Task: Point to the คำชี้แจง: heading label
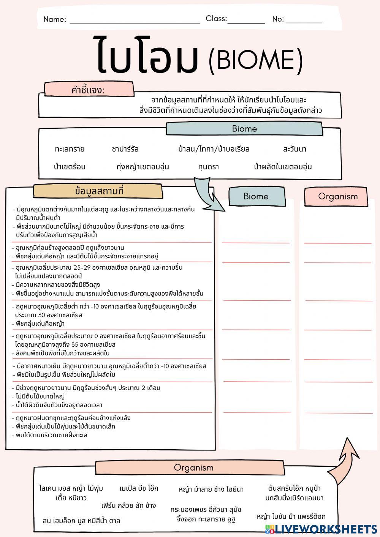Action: pos(88,90)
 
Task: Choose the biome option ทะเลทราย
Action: pos(70,149)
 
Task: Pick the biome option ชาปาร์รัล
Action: pos(125,149)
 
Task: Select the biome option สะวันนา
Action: pos(294,149)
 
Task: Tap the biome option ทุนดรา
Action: pos(208,167)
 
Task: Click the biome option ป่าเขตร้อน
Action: pos(70,167)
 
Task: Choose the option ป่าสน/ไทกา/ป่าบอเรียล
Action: pos(214,149)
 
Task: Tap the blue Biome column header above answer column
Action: pos(256,196)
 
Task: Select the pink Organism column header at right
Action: pos(337,196)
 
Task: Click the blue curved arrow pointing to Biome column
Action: pos(208,194)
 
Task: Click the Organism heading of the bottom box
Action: pos(193,468)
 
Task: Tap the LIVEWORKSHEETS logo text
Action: pos(326,528)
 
